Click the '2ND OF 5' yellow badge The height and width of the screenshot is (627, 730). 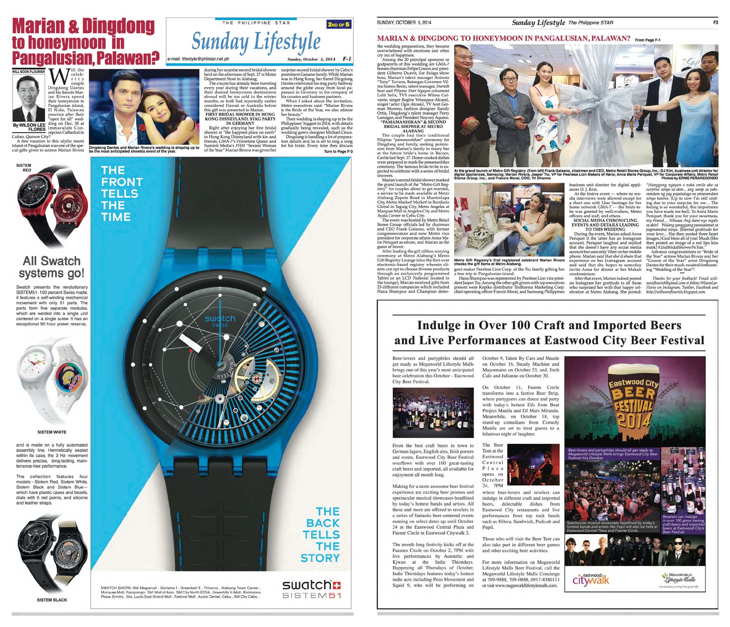tap(338, 25)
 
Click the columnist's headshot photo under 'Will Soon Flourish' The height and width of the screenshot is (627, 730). tap(29, 97)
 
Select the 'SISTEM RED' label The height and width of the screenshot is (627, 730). tap(24, 167)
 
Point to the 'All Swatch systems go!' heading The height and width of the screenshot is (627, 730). tap(52, 267)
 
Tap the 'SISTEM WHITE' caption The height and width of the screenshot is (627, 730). tap(52, 432)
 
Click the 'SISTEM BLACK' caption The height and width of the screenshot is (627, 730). tap(52, 600)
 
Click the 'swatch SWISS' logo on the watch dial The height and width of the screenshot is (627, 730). tap(219, 321)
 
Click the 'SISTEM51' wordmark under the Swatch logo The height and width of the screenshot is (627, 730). tap(311, 595)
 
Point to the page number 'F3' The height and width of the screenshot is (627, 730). tap(715, 23)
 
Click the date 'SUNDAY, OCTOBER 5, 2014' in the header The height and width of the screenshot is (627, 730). tap(404, 23)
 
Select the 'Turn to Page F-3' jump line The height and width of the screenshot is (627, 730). tap(338, 152)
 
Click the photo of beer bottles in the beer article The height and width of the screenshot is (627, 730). tap(433, 413)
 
